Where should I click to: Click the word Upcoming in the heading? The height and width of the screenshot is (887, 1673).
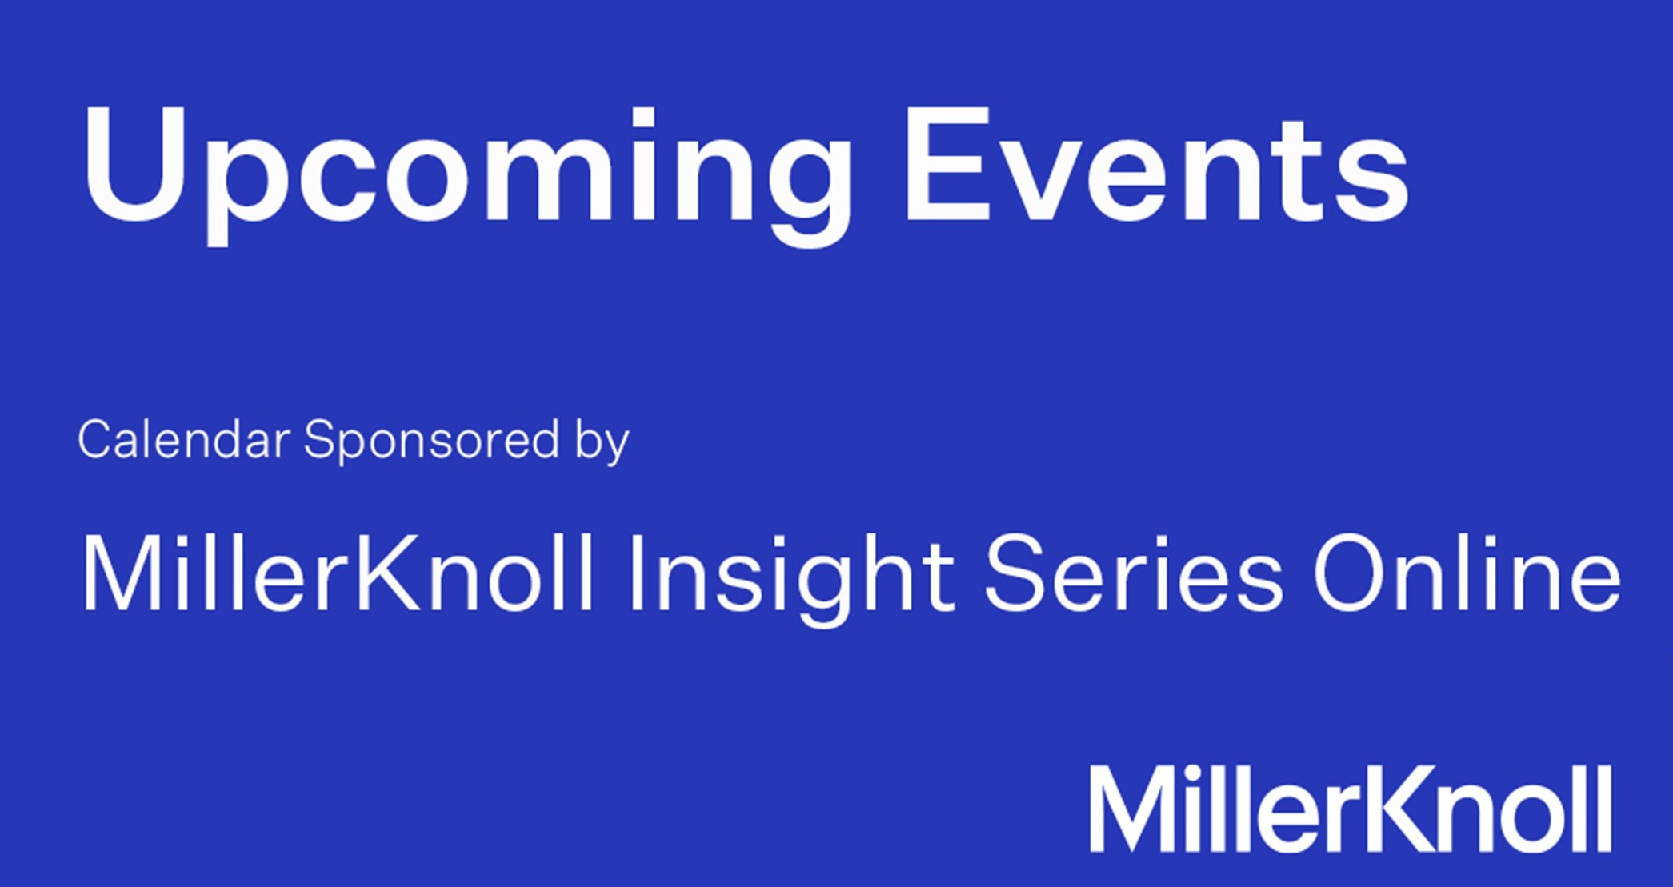[468, 174]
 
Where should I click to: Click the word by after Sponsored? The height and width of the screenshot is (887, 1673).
[602, 442]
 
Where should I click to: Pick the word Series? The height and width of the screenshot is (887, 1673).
[1134, 573]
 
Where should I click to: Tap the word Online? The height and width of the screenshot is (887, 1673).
[1467, 572]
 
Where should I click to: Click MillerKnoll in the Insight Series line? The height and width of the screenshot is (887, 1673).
[338, 572]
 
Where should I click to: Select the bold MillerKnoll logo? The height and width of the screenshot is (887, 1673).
[1351, 809]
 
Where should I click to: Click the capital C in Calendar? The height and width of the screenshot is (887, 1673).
[98, 439]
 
